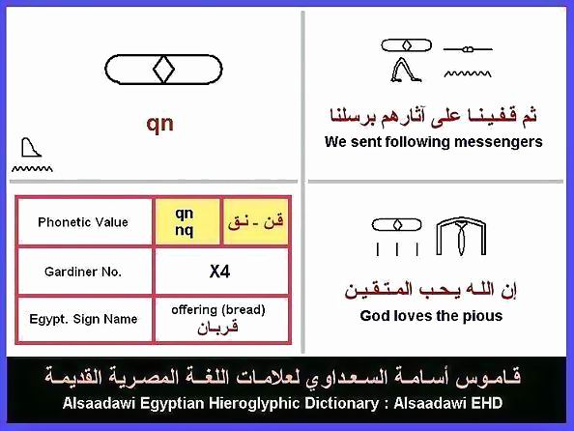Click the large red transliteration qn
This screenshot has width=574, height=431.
point(160,124)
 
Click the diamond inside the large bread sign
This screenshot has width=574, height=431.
point(163,69)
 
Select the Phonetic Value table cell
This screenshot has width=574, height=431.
point(84,222)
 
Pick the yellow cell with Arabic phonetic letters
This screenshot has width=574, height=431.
point(255,221)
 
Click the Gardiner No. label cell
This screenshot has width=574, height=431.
point(84,272)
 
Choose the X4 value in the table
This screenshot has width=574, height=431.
point(219,272)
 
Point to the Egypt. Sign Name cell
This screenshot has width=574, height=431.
point(84,319)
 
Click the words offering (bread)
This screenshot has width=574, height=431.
point(218,310)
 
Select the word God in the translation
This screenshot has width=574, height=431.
point(373,316)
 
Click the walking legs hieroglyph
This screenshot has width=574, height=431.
point(406,70)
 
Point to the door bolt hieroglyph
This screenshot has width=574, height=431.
point(468,48)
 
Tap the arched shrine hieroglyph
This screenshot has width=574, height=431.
point(461,236)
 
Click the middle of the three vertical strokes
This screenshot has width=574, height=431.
point(397,249)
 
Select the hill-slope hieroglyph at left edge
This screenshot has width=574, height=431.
point(31,147)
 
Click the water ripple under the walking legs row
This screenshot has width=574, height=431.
point(468,74)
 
